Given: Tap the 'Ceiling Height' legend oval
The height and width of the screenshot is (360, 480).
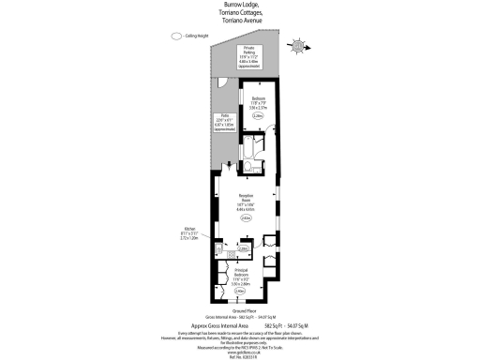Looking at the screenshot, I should click(x=175, y=37).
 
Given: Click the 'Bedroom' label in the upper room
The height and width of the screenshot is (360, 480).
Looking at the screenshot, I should click(x=259, y=97).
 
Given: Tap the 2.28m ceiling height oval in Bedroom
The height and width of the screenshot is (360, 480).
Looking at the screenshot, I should click(x=259, y=115).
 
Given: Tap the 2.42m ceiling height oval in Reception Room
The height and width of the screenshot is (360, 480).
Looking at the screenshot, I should click(x=247, y=217).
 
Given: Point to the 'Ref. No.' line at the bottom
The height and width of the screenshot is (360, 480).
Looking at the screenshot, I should click(x=240, y=354).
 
